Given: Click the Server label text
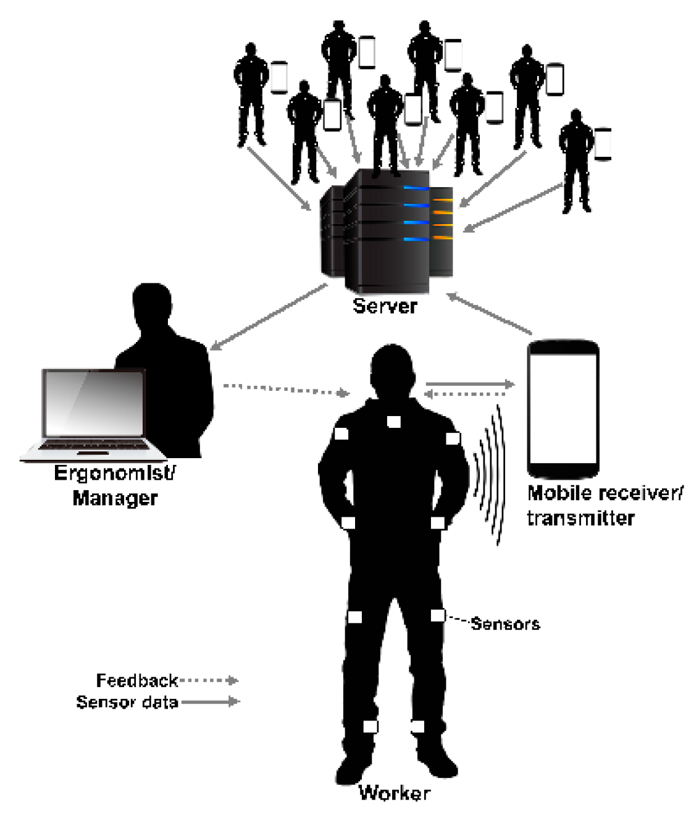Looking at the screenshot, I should click(385, 306).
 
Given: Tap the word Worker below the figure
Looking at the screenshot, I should click(395, 793).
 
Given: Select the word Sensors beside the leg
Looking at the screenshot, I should click(505, 624).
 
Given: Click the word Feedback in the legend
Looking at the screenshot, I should click(137, 680).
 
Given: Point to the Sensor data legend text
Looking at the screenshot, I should click(127, 702).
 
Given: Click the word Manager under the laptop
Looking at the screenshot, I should click(115, 498).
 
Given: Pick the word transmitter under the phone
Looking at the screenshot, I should click(580, 517).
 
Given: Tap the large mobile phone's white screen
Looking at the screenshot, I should click(563, 407).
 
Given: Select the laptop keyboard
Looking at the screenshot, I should click(93, 446).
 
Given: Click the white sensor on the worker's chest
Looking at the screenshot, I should click(394, 422).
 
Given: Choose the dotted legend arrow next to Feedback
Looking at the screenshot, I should click(209, 680).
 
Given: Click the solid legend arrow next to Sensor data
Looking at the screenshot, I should click(210, 701).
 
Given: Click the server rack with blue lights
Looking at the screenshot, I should click(388, 232).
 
